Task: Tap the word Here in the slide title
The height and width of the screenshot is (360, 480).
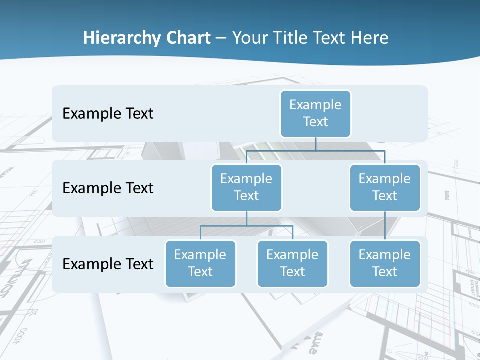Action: coord(368,38)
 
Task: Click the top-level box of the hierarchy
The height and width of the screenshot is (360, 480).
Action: coord(315,113)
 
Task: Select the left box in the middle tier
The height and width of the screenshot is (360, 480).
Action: coord(246,187)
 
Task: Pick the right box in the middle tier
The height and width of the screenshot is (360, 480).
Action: coord(385,187)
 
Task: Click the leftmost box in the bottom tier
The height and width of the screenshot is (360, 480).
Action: coord(200,263)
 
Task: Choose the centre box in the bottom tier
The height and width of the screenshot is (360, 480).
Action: coord(292,263)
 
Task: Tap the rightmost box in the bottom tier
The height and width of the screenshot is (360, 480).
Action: coord(385,263)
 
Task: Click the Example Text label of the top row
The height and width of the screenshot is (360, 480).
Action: coord(108,113)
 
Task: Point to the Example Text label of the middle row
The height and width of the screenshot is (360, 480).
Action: coord(108,188)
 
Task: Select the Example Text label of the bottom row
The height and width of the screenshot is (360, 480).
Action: coord(108,264)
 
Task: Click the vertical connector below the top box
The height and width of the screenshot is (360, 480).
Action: coord(315,143)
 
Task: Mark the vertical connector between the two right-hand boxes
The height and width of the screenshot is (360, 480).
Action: coord(385,226)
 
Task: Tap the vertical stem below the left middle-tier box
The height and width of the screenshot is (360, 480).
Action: coord(246,218)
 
